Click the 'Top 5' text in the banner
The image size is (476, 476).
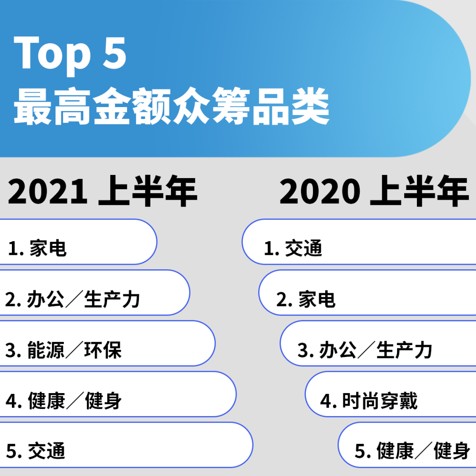[70, 55]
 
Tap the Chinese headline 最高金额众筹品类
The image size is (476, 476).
[171, 106]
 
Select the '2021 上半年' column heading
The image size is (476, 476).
[103, 191]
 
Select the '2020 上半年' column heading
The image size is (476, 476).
[374, 191]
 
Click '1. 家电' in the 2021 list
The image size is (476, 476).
[37, 248]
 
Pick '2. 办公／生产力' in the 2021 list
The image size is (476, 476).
[73, 299]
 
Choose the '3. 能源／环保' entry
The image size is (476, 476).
[63, 350]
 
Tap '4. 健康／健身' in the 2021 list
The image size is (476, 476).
[63, 401]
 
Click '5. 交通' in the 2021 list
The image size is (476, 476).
[36, 451]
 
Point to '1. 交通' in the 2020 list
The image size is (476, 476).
[293, 248]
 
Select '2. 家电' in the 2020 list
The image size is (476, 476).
[306, 299]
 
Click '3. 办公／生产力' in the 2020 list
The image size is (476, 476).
[365, 350]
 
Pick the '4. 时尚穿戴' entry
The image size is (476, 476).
[369, 401]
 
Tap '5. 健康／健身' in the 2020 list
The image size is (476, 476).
[413, 451]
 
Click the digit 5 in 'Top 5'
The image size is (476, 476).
[115, 52]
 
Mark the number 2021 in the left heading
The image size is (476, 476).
[48, 191]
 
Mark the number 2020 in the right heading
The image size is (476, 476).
[320, 191]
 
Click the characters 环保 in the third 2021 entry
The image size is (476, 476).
[103, 350]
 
